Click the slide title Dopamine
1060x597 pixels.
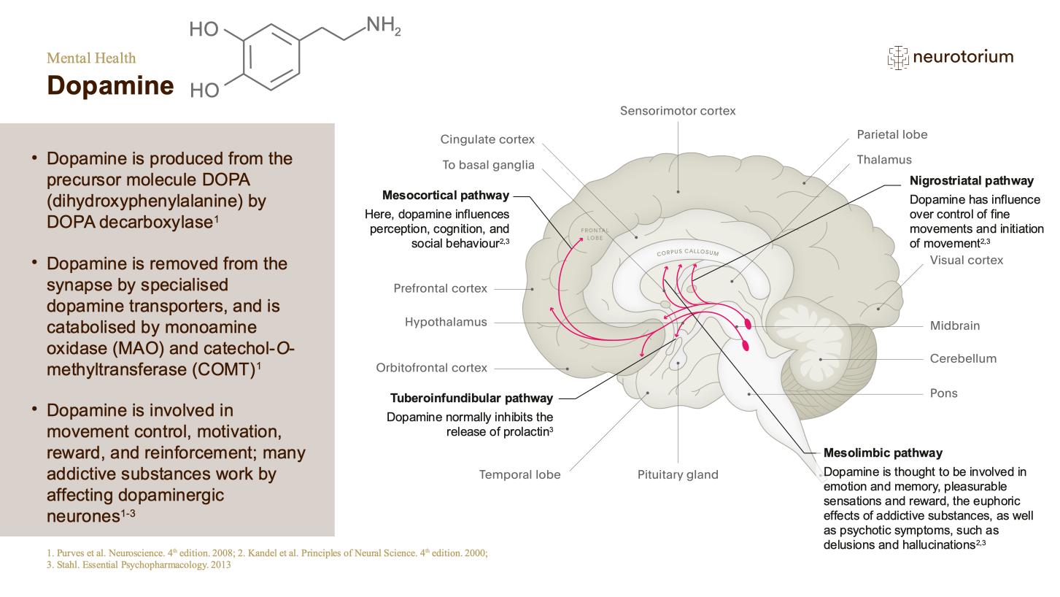(x=110, y=85)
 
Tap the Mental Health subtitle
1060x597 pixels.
(x=91, y=58)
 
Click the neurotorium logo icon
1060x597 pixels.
(x=898, y=58)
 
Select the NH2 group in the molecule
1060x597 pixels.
(x=383, y=26)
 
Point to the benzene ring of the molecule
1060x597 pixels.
(x=271, y=57)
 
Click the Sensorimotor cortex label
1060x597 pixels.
(x=678, y=111)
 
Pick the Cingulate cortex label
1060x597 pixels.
(x=487, y=139)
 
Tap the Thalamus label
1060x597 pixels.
(x=884, y=160)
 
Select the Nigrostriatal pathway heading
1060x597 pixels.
(x=972, y=181)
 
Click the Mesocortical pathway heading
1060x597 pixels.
(x=446, y=196)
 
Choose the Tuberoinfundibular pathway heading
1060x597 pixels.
(x=471, y=398)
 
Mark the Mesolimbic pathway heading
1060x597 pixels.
(x=883, y=453)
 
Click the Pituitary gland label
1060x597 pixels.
(x=678, y=475)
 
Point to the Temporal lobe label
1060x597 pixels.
(x=519, y=475)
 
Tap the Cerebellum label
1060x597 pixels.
(x=963, y=358)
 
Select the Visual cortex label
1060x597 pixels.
(x=967, y=261)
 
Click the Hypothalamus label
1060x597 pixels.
(x=446, y=323)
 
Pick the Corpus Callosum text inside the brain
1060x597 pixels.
(x=688, y=253)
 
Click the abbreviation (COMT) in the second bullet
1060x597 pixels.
(x=223, y=369)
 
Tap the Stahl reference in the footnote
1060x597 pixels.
(x=139, y=565)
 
